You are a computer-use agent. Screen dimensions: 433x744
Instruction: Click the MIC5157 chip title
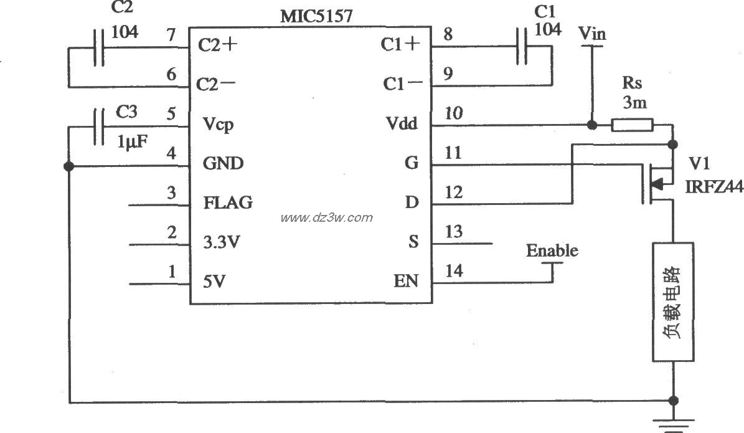(316, 16)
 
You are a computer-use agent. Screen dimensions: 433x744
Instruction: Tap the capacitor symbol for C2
(98, 46)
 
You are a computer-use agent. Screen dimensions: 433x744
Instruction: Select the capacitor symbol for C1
(522, 45)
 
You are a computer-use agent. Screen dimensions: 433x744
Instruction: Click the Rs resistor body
(631, 125)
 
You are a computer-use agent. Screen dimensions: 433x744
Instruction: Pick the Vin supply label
(591, 34)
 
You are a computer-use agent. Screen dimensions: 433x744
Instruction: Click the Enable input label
(552, 251)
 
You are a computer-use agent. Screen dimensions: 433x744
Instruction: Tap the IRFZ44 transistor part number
(714, 186)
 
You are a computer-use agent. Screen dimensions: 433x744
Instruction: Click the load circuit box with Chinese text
(672, 302)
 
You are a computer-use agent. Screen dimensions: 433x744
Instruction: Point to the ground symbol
(672, 424)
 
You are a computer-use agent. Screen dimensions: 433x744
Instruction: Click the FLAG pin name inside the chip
(228, 203)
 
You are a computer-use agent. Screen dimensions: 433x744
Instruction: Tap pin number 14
(454, 271)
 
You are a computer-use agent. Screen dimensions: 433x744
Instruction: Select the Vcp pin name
(218, 125)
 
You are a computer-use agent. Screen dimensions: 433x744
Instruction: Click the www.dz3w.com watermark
(326, 218)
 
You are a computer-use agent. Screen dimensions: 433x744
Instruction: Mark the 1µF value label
(133, 141)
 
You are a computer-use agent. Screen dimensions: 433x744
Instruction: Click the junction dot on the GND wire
(68, 166)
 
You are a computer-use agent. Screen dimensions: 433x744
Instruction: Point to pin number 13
(454, 232)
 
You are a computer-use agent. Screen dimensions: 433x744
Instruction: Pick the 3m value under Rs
(634, 103)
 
